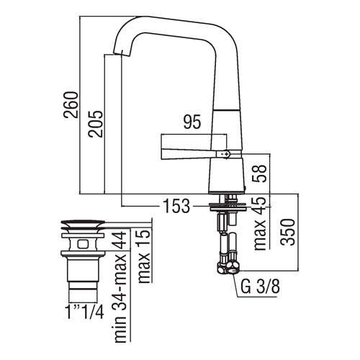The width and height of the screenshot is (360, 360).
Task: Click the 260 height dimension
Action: click(x=71, y=104)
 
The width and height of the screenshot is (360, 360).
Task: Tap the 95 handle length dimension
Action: click(x=192, y=122)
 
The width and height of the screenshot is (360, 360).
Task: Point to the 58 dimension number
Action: click(x=259, y=174)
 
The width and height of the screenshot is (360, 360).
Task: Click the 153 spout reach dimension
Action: click(x=176, y=206)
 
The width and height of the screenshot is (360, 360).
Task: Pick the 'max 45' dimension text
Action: click(x=260, y=223)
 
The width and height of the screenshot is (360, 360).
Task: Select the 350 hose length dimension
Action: click(x=288, y=232)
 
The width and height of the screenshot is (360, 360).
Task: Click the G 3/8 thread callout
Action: click(x=260, y=287)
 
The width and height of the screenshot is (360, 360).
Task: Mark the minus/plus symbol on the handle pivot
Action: click(x=225, y=154)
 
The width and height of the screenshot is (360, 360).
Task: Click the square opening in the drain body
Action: click(x=83, y=244)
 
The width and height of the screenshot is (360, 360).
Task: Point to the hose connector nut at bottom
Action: click(x=228, y=267)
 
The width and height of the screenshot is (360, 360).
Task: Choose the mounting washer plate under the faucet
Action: click(x=228, y=207)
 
